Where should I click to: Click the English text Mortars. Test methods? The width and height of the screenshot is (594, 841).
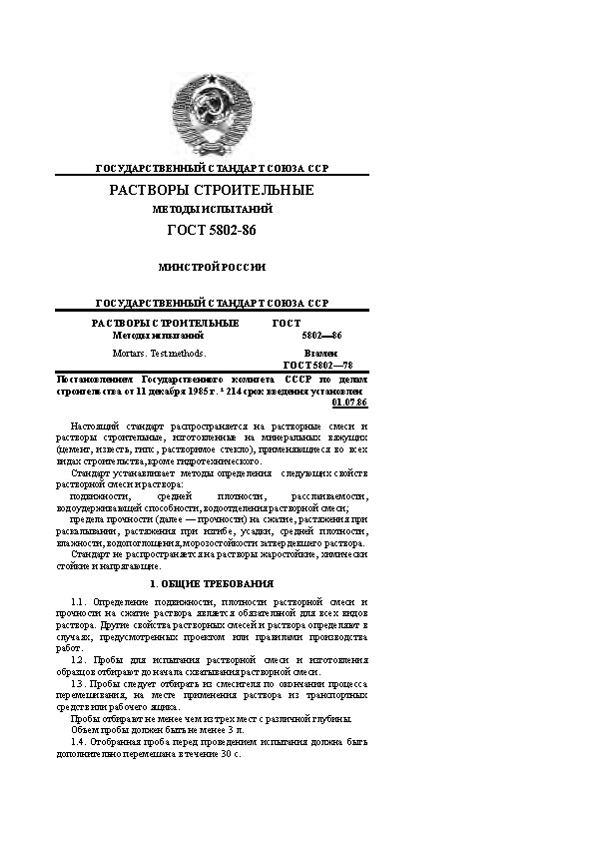tap(159, 354)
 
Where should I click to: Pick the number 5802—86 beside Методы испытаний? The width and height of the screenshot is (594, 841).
tap(321, 336)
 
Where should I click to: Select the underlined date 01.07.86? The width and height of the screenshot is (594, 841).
tap(355, 403)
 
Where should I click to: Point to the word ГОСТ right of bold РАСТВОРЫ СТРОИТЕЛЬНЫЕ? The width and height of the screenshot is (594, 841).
tap(287, 324)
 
